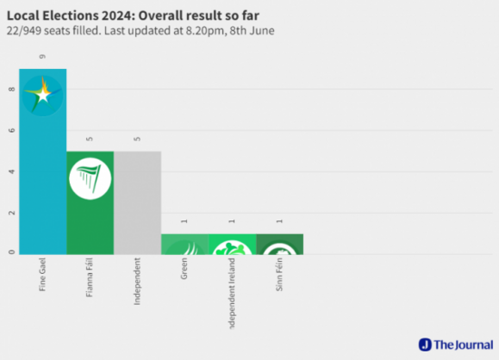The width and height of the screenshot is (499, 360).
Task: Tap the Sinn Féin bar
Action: point(279,244)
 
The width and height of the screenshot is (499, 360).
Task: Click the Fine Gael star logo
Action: point(43,93)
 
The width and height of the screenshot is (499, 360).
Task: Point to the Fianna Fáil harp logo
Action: point(90,178)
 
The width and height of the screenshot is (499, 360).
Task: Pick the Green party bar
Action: point(184,244)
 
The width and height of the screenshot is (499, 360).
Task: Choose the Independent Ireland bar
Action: point(231,244)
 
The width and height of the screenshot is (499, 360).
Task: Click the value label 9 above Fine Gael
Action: point(43,57)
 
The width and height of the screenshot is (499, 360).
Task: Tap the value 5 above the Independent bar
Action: point(137,139)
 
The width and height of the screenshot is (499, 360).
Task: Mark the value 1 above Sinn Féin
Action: point(279,221)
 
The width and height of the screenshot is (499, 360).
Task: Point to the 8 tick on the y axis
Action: point(11,89)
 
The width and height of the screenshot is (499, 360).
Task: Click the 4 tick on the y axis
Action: point(11,171)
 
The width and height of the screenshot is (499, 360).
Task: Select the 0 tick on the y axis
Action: point(11,253)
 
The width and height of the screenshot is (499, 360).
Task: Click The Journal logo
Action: point(453,345)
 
